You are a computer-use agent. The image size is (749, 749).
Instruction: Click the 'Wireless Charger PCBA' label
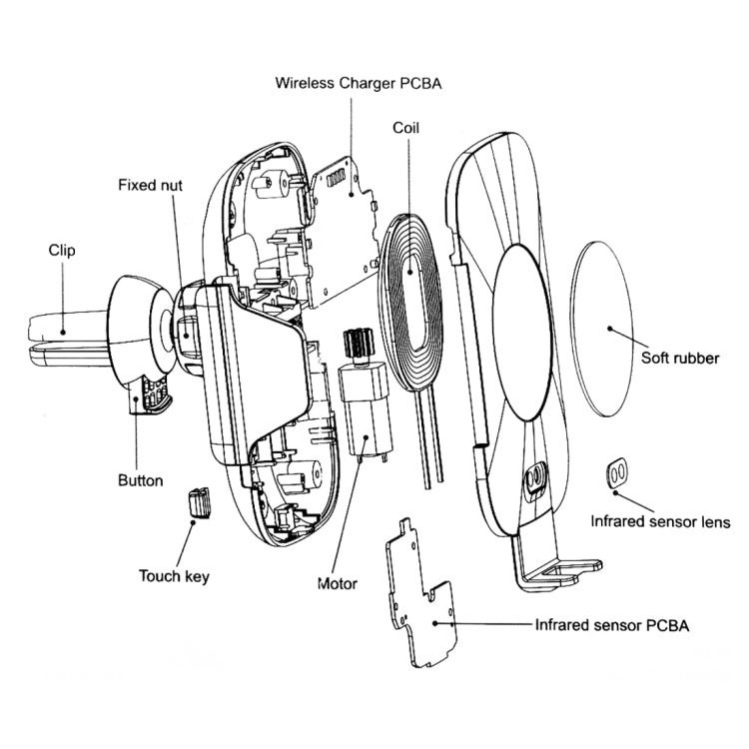click(x=358, y=84)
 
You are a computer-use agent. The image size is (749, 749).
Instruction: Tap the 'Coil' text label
click(x=404, y=128)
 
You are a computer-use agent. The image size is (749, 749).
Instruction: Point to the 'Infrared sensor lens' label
click(x=660, y=521)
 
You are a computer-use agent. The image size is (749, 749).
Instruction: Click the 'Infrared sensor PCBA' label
click(x=612, y=626)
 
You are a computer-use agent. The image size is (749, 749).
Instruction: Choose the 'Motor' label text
click(x=338, y=583)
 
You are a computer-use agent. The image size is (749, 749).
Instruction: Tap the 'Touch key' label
click(x=175, y=575)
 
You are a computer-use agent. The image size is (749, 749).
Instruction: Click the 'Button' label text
click(x=140, y=481)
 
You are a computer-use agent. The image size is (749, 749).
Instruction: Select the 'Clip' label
click(x=62, y=251)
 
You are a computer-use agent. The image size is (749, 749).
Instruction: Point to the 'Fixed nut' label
click(x=150, y=185)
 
